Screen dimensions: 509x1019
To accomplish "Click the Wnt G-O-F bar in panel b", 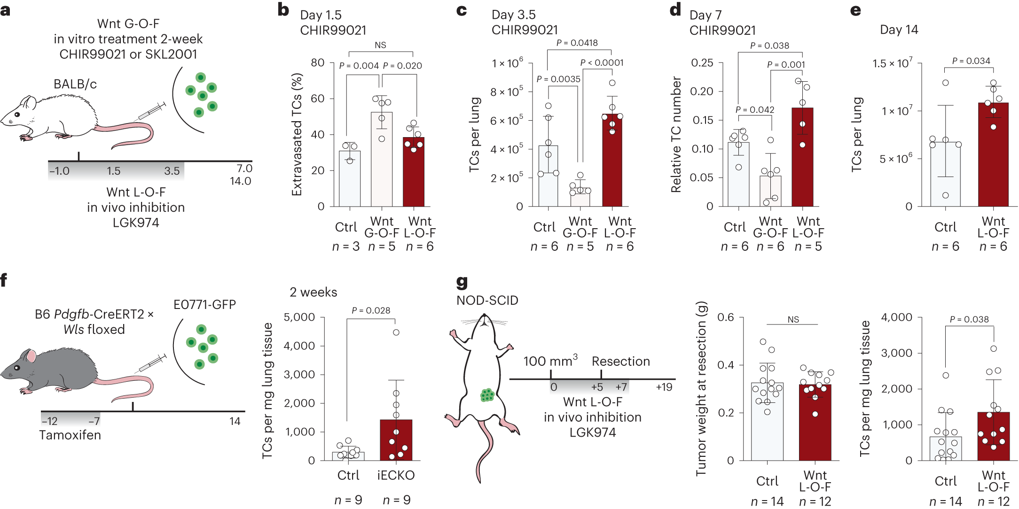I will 382,160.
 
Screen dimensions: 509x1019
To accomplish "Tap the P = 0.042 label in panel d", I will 755,109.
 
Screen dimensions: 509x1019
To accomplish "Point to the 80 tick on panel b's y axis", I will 318,63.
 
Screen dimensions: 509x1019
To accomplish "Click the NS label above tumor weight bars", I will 793,319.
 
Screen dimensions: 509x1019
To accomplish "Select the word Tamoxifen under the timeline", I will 70,435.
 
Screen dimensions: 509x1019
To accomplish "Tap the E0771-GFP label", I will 204,305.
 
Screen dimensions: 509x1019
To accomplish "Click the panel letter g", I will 462,282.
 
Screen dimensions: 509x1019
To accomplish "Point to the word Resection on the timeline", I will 620,361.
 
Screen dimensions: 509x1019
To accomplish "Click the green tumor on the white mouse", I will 487,395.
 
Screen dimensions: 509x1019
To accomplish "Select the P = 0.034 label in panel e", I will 971,61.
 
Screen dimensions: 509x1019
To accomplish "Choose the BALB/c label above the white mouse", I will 75,84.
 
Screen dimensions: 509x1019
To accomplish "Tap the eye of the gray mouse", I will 17,368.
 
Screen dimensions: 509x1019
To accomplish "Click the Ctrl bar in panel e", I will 945,174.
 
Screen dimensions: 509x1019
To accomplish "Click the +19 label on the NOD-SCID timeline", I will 664,387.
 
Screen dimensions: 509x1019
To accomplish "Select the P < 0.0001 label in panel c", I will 602,62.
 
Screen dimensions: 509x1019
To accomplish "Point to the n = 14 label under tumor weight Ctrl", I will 767,501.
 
